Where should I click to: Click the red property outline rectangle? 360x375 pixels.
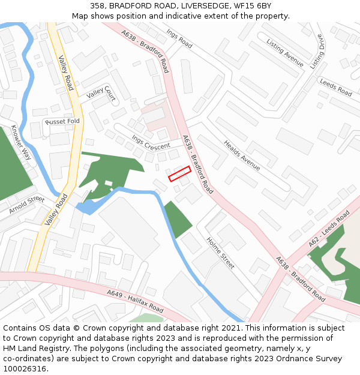[x=179, y=173]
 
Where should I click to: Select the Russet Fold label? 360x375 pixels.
[x=62, y=121]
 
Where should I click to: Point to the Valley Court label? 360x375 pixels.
[x=101, y=92]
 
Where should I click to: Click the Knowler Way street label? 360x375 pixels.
[x=21, y=142]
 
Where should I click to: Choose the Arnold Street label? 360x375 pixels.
[x=26, y=205]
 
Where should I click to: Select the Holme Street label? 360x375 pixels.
[x=220, y=251]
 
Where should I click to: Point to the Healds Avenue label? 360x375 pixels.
[x=242, y=155]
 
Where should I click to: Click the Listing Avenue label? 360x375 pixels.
[x=285, y=53]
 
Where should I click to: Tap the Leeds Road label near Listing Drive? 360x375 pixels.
[x=335, y=88]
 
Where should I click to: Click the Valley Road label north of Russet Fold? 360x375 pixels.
[x=65, y=73]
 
